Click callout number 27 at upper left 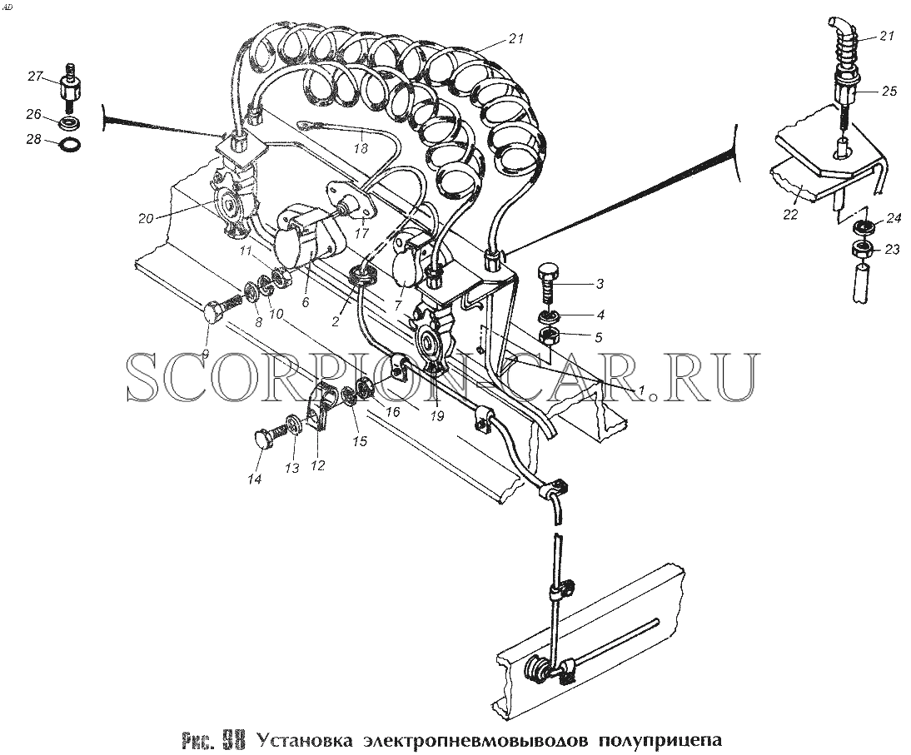(x=36, y=76)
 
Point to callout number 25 (x=889, y=92)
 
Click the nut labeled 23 (x=862, y=251)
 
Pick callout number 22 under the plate (x=790, y=215)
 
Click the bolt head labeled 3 (x=547, y=272)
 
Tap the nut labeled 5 (x=550, y=335)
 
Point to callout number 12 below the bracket (x=318, y=465)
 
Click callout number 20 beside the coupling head (x=146, y=218)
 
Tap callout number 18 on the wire (x=361, y=149)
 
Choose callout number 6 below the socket (x=306, y=302)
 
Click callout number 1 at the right (x=641, y=391)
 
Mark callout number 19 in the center (x=437, y=416)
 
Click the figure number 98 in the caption (x=230, y=741)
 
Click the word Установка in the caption (x=305, y=741)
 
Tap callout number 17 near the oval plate (x=362, y=233)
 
